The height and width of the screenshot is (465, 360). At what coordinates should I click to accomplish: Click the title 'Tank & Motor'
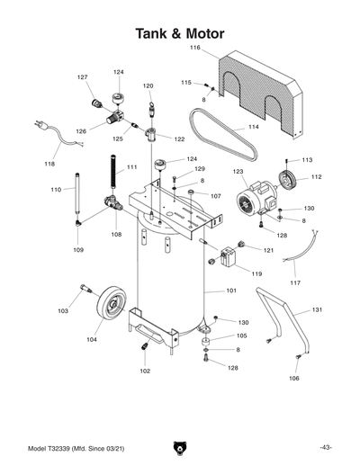pos(180,33)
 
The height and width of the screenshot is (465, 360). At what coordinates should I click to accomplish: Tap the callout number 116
pos(195,47)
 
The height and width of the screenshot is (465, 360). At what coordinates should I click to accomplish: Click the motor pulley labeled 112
pos(290,179)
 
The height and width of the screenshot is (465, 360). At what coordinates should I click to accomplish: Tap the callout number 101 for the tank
pos(230,291)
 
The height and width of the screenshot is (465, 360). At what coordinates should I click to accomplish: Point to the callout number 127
pos(83,77)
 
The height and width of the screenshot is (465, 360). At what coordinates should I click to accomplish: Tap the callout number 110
pos(56,190)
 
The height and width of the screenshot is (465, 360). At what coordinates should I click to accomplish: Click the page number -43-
pos(325,447)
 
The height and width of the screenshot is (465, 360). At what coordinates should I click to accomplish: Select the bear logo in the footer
pos(180,447)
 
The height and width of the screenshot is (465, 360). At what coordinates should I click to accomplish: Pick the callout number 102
pos(145,371)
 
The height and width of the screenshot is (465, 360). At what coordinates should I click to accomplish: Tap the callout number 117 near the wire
pos(295,283)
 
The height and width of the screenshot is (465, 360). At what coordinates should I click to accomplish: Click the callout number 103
pos(63,311)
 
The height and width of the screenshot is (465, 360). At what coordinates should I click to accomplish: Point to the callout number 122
pos(179,139)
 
